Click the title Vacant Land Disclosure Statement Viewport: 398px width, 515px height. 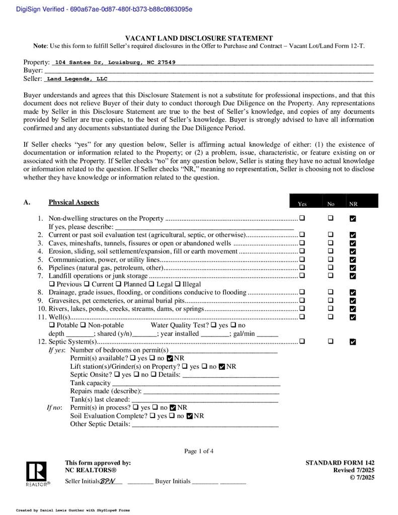tap(199, 38)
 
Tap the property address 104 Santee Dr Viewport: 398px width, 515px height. tap(115, 62)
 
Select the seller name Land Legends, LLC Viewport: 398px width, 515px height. tap(76, 79)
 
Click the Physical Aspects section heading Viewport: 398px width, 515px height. tap(73, 202)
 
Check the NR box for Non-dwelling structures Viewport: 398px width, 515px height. tap(352, 218)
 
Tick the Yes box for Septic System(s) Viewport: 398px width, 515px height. tap(302, 341)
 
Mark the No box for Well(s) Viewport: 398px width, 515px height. tap(331, 317)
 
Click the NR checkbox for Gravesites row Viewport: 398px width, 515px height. tap(352, 300)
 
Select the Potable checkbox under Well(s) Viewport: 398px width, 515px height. tap(51, 325)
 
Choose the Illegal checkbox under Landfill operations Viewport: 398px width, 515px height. tap(178, 284)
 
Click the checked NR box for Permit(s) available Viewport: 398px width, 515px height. tap(170, 358)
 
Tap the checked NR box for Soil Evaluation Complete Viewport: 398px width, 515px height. tap(189, 416)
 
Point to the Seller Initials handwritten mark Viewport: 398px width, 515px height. tap(108, 481)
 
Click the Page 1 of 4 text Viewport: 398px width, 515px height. tap(199, 451)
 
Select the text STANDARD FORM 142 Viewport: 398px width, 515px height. tap(340, 463)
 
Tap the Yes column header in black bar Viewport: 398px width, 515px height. tap(302, 204)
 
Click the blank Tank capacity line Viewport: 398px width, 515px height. tap(196, 383)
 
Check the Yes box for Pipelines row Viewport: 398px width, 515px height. tap(302, 268)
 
